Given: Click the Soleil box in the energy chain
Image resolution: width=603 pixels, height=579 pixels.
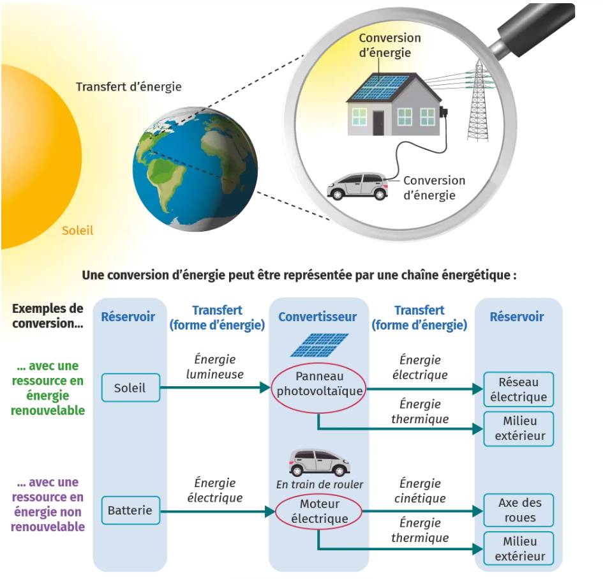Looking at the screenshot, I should tap(130, 387).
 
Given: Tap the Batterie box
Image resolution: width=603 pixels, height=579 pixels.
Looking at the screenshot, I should tap(130, 510).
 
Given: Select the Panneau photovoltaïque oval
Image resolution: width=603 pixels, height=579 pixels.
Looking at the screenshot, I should tap(318, 383).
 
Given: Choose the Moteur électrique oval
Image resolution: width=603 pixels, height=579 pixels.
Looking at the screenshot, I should tap(318, 511).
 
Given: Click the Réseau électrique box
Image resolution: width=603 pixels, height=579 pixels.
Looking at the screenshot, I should tap(518, 389).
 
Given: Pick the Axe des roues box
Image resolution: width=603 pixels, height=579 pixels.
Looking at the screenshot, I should tap(518, 510).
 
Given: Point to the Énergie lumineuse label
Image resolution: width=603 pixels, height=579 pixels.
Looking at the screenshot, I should tap(214, 367).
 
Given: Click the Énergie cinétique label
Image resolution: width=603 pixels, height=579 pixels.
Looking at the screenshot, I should tap(421, 491).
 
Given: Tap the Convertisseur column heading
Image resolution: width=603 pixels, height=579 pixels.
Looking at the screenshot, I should tap(317, 317).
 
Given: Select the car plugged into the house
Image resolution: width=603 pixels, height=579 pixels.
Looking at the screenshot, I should tap(357, 185).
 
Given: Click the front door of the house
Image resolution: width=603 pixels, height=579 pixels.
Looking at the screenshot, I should tap(378, 121).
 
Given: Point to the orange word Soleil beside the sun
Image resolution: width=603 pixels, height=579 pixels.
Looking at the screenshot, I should tap(77, 230).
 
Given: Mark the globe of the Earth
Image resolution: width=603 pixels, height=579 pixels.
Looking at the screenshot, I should tap(195, 169).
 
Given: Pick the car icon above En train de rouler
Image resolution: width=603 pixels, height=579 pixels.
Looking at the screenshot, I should tap(319, 462).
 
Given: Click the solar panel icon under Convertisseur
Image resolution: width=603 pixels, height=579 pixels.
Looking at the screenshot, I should tap(319, 345).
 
